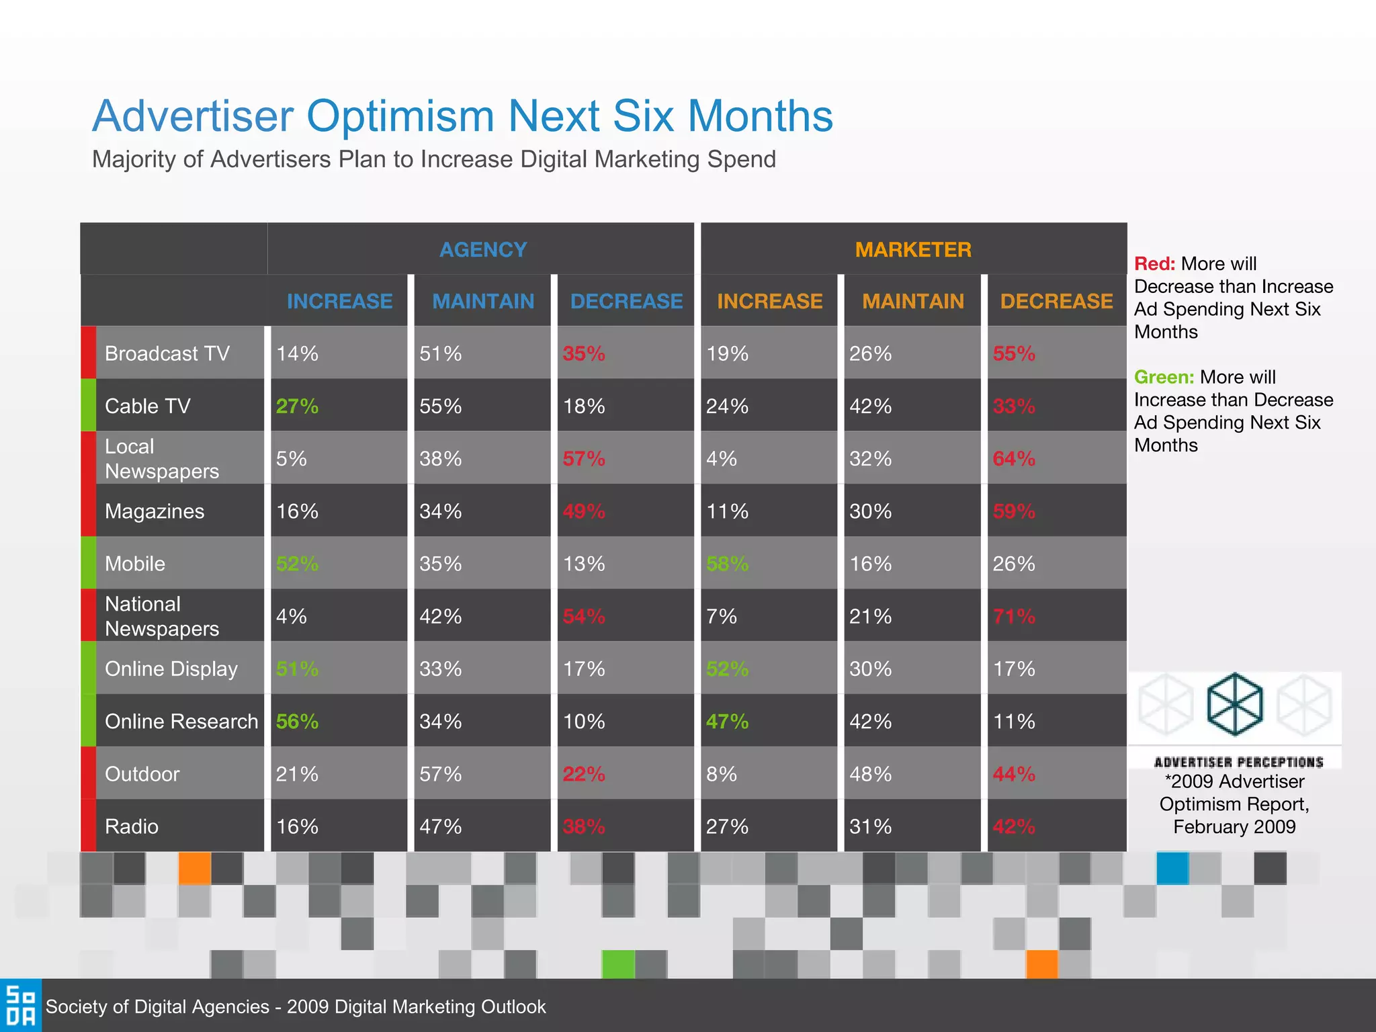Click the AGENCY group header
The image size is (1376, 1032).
pyautogui.click(x=482, y=249)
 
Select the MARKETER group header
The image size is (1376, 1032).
pyautogui.click(x=912, y=249)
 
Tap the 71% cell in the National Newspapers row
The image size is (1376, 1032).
pyautogui.click(x=1014, y=616)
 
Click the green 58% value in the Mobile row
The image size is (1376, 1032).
pyautogui.click(x=727, y=564)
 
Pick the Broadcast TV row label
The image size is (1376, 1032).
pyautogui.click(x=167, y=353)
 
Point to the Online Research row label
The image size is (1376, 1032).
pyautogui.click(x=181, y=721)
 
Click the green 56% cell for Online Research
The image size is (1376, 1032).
pyautogui.click(x=297, y=721)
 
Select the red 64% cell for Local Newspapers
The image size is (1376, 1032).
pyautogui.click(x=1014, y=459)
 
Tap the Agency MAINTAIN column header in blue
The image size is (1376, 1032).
pyautogui.click(x=482, y=301)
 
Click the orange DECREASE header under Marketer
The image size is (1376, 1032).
pyautogui.click(x=1056, y=301)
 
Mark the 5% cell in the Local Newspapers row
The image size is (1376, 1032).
pyautogui.click(x=291, y=459)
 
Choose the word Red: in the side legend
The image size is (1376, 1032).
pyautogui.click(x=1154, y=264)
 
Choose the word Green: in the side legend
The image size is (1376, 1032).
pyautogui.click(x=1164, y=377)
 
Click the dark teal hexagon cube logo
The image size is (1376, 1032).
pyautogui.click(x=1235, y=704)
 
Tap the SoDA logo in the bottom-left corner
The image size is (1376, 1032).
pyautogui.click(x=20, y=1006)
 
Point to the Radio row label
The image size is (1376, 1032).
pyautogui.click(x=132, y=826)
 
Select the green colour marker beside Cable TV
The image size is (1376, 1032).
pyautogui.click(x=88, y=405)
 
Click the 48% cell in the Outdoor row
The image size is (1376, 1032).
pyautogui.click(x=870, y=774)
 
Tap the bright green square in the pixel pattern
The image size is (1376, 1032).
pyautogui.click(x=617, y=963)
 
